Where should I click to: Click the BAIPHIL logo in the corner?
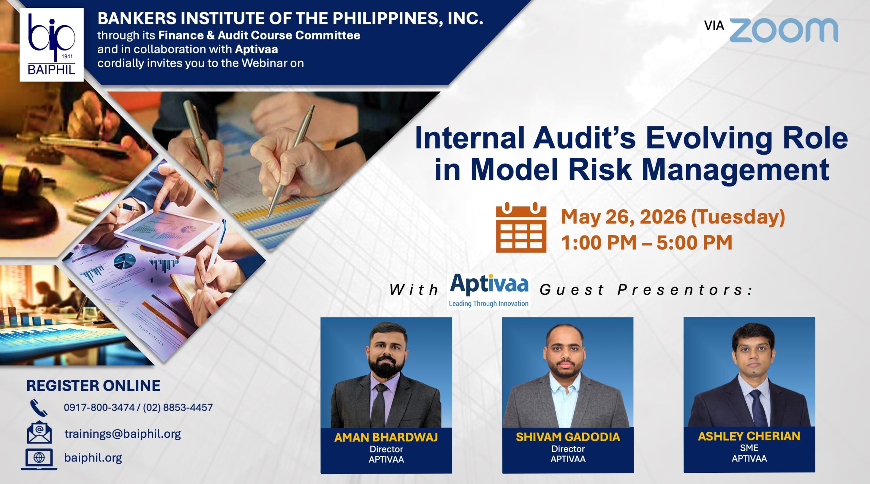click(x=51, y=45)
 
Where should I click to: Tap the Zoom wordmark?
click(x=784, y=30)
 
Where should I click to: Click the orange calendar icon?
click(x=521, y=227)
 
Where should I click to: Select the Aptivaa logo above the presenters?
click(x=489, y=291)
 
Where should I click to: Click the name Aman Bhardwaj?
click(x=386, y=437)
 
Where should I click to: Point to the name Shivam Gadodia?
click(x=568, y=437)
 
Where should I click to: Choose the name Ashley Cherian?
click(x=749, y=436)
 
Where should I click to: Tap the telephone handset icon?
click(x=39, y=408)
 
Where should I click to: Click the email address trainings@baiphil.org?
click(x=123, y=434)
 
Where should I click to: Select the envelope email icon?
click(x=39, y=432)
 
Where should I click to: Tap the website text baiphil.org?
click(x=93, y=458)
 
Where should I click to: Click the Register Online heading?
click(x=93, y=386)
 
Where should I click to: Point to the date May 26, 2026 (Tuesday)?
click(x=673, y=217)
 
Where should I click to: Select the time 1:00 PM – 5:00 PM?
click(x=646, y=243)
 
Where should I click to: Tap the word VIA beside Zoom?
click(x=714, y=26)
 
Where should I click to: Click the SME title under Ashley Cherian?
click(x=749, y=448)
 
